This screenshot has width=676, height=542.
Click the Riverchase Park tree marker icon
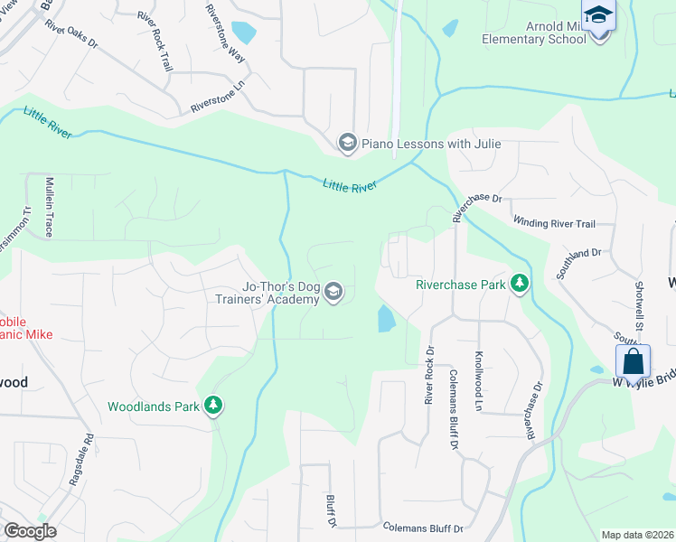tap(519, 284)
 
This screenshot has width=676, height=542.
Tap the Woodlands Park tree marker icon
tap(213, 406)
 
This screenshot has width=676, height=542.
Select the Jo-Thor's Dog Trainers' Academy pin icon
tap(333, 292)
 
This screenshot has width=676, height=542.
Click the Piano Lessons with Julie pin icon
tap(346, 143)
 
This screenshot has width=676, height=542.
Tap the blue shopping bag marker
tap(634, 360)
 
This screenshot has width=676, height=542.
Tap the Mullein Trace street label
tap(50, 205)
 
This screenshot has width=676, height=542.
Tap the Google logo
tap(30, 531)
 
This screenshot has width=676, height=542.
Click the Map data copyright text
tap(637, 535)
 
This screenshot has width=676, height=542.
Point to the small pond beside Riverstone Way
tap(243, 33)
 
